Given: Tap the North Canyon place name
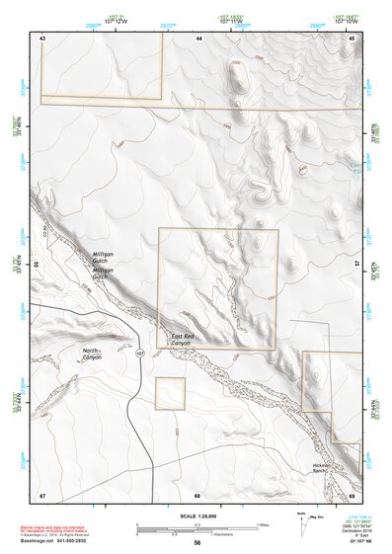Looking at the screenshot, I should pos(92,354).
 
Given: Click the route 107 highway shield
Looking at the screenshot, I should pos(140,353).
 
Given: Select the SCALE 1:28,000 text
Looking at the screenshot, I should pos(196,516).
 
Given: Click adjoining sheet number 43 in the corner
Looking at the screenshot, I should pos(42,38).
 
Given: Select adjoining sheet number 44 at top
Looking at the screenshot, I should pos(198,38).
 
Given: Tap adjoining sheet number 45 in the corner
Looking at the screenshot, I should pos(353,38).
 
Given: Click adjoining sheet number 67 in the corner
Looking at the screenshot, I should pos(42,495).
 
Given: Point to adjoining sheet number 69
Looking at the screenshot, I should pos(352,495).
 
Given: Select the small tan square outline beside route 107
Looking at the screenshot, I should pos(170,393).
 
